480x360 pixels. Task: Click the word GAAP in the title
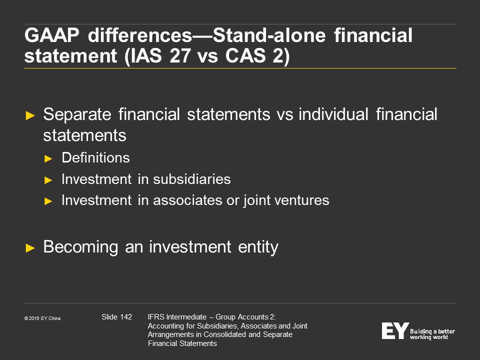51,35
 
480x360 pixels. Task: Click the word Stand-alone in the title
269,35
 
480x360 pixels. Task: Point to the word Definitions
96,158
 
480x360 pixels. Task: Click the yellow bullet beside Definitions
48,158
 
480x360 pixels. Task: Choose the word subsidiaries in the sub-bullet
192,179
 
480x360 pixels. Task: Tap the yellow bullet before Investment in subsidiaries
48,180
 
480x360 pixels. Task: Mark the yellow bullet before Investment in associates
48,201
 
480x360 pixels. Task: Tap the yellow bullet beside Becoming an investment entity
30,247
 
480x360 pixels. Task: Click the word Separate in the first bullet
77,115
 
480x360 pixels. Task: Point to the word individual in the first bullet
333,114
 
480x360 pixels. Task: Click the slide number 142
126,317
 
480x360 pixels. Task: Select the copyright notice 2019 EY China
42,318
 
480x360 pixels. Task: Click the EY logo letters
395,331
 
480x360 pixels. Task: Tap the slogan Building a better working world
432,334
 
